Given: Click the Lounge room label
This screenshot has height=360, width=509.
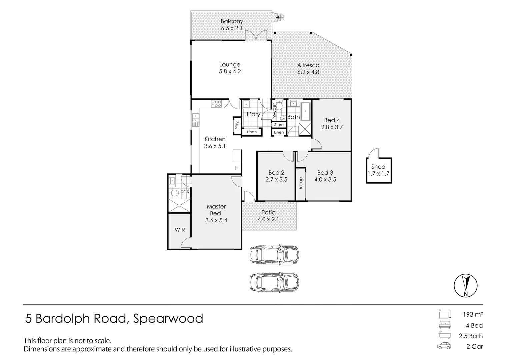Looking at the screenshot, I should [x=230, y=65].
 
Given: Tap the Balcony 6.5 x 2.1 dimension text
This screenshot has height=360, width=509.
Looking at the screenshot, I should [x=232, y=28].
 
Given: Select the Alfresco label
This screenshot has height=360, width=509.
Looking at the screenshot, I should [x=308, y=65].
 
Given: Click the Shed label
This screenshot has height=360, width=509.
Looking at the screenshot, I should [x=378, y=167].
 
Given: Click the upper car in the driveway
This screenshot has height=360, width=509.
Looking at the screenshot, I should [x=274, y=255].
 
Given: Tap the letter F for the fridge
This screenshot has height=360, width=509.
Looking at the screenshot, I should [x=237, y=168].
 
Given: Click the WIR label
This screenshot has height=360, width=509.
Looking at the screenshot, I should [x=180, y=230].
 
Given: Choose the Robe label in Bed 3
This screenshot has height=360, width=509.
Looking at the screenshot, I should [x=301, y=183].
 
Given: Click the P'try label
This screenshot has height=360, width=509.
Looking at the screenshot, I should [x=237, y=126].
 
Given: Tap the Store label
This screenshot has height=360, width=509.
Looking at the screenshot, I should [x=279, y=125].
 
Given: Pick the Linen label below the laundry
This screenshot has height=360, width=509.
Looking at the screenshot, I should [x=252, y=132].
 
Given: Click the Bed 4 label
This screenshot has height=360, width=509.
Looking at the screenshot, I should [x=332, y=120].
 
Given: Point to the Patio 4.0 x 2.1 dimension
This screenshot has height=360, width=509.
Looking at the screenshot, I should [x=268, y=219].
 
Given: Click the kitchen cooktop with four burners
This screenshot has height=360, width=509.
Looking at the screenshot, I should [x=216, y=104].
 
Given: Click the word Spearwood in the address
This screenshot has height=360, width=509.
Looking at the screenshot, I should [x=168, y=319].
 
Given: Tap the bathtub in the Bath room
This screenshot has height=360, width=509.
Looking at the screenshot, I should [x=306, y=111].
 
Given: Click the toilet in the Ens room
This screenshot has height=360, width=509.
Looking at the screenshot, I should [x=174, y=193].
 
